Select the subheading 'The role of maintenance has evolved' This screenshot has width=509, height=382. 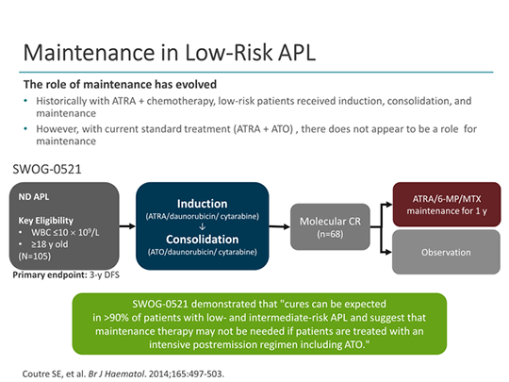pyautogui.click(x=120, y=84)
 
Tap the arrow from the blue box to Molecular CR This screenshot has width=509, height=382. pyautogui.click(x=280, y=226)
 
